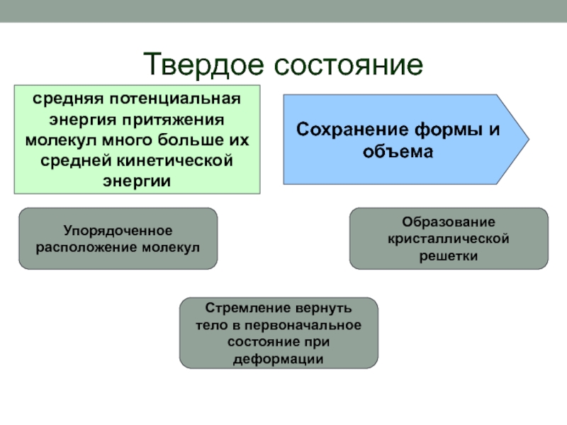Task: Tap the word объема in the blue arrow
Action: pos(396,151)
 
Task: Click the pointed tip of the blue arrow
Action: pos(527,140)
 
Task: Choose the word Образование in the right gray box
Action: pos(449,223)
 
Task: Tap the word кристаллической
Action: pos(449,239)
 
